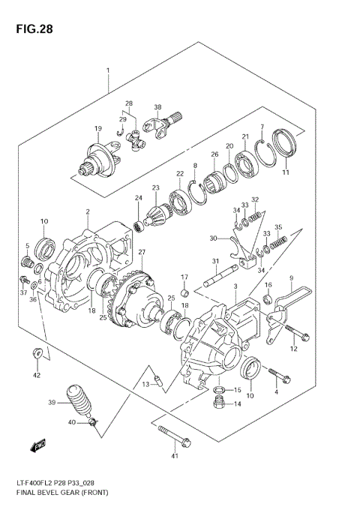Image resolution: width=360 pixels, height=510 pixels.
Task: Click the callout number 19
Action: tap(97, 129)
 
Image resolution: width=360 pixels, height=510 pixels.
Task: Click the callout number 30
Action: tap(214, 238)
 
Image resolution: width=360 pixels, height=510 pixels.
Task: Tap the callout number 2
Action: tap(88, 212)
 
